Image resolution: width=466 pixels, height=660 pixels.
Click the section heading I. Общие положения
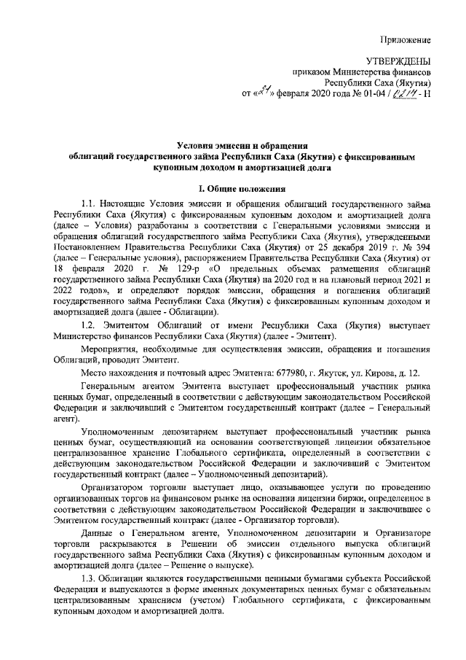click(x=233, y=190)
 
